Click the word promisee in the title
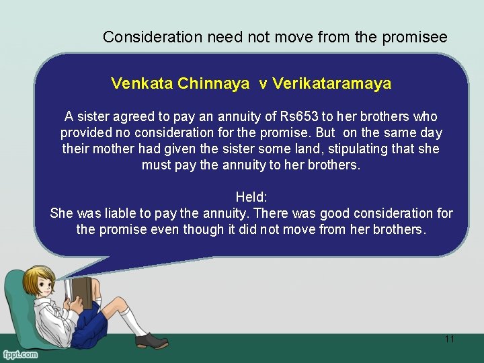[x=415, y=38]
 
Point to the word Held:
[x=251, y=197]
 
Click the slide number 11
[x=449, y=339]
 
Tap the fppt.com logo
[x=20, y=354]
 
